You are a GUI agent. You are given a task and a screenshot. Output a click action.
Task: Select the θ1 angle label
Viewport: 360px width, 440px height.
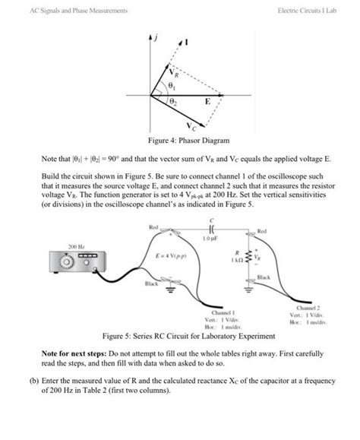pyautogui.click(x=170, y=87)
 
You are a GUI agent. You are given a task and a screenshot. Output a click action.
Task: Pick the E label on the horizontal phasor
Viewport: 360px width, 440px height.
pyautogui.click(x=207, y=101)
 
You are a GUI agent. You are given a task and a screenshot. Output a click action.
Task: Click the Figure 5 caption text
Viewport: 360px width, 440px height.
pyautogui.click(x=180, y=334)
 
